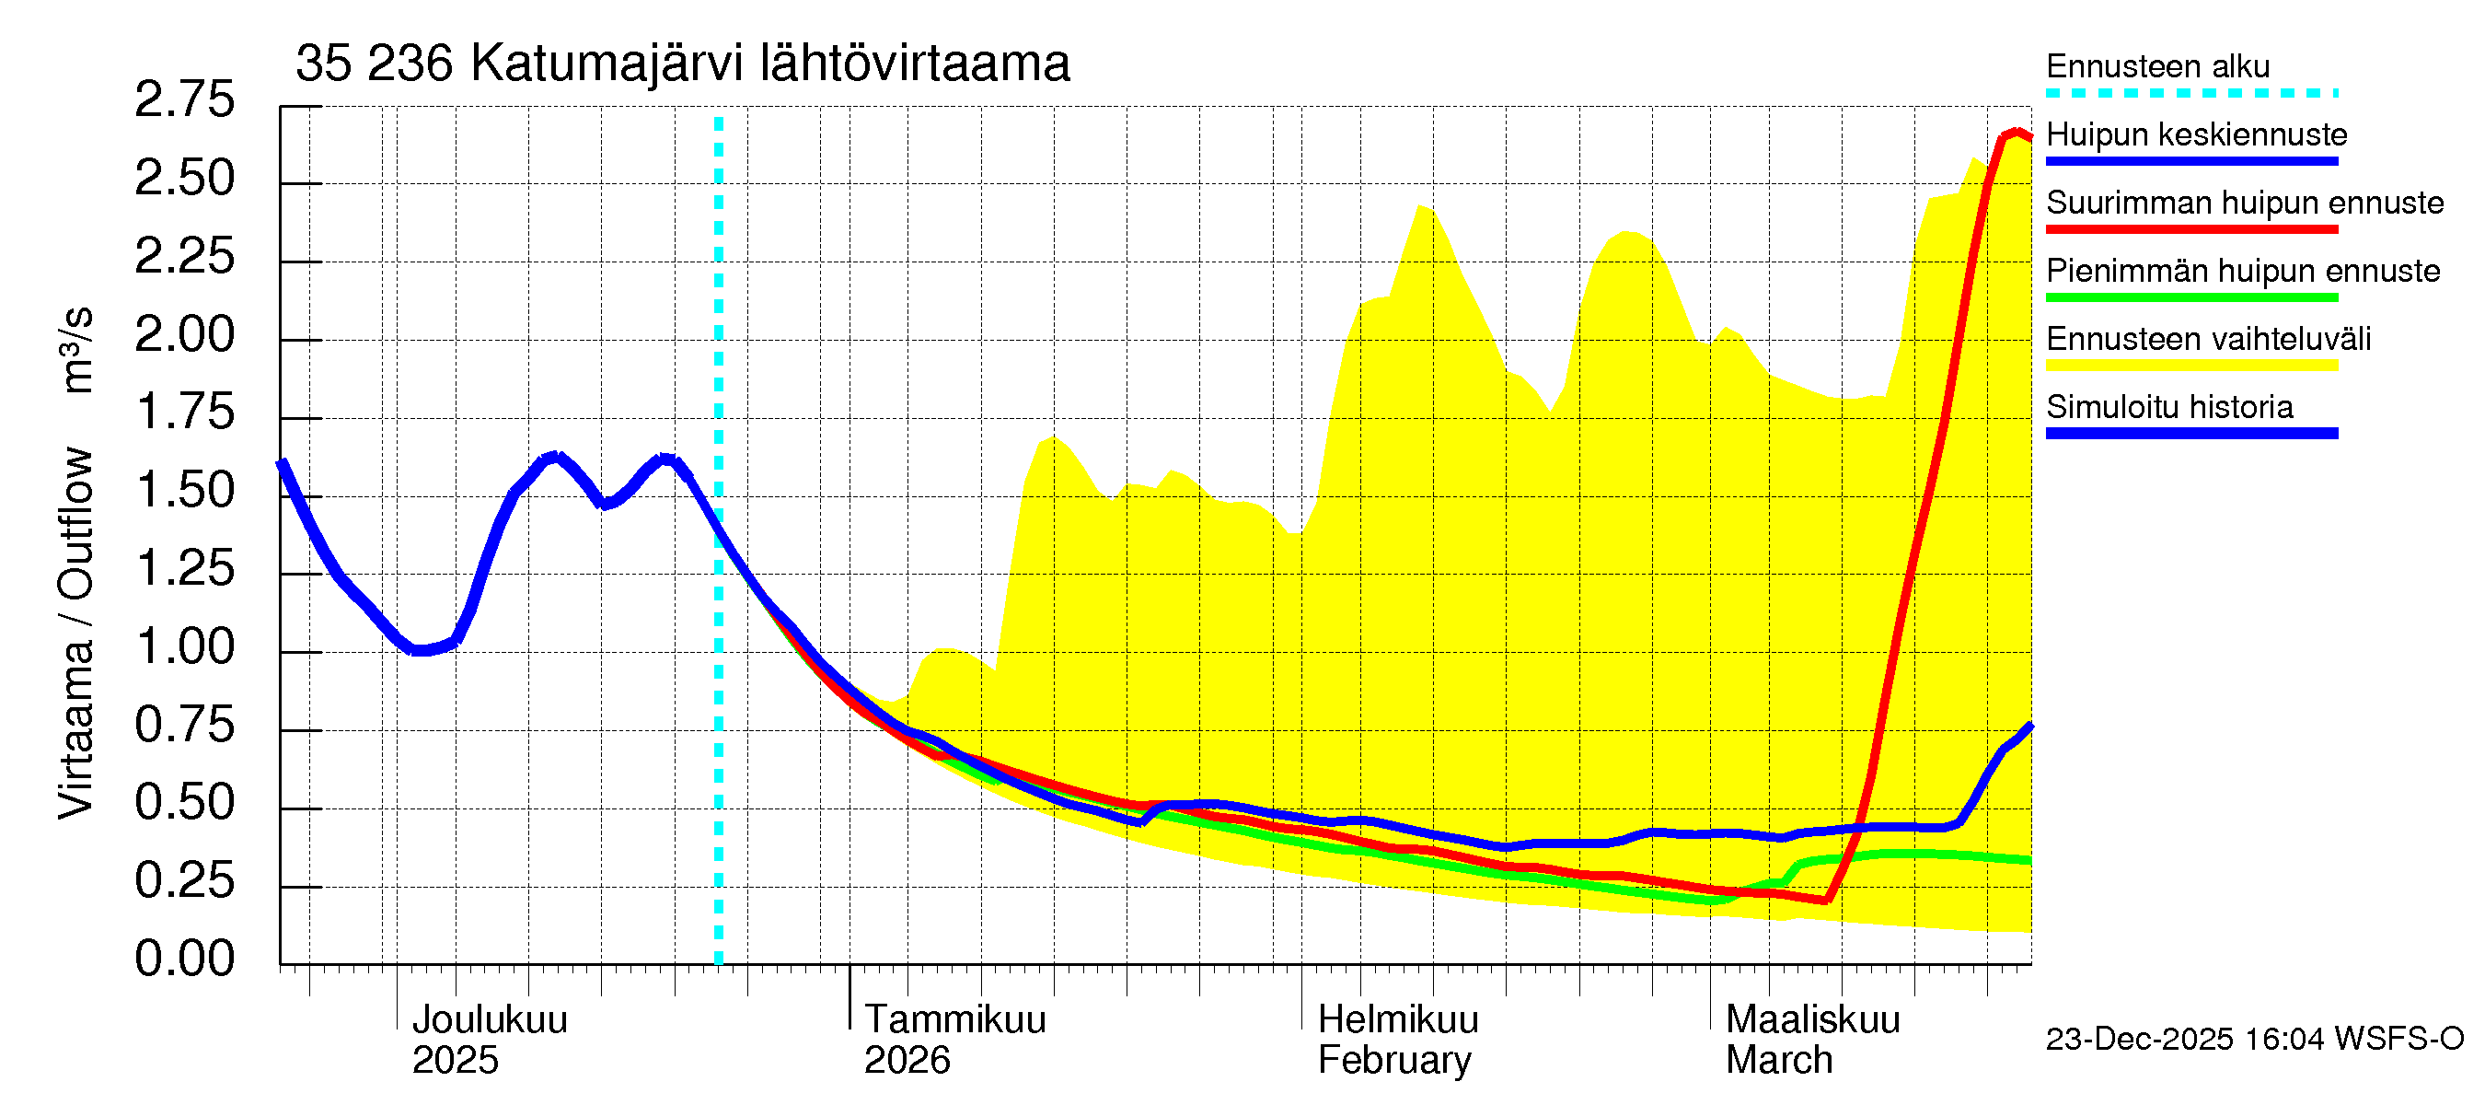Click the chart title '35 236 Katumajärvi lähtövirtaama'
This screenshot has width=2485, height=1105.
682,64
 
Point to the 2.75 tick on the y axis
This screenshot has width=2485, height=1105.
184,100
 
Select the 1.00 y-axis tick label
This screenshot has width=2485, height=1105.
184,646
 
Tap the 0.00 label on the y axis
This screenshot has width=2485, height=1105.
184,959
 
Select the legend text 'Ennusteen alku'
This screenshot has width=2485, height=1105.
2157,66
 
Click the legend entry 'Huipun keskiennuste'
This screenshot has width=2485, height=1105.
2196,134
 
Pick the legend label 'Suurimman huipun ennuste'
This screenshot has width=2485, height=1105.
2244,203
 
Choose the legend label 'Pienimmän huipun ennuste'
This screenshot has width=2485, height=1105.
2242,271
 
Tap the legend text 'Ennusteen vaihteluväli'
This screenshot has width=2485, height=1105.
2207,339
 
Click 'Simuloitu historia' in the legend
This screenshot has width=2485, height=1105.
2168,407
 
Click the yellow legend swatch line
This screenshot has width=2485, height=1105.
2190,366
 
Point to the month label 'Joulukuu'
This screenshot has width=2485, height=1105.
489,1019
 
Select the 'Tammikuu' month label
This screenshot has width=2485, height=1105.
954,1019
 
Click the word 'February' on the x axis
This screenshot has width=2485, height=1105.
1394,1060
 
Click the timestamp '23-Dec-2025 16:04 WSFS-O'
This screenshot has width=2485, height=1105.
2253,1039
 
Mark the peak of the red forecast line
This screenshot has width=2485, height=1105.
2017,132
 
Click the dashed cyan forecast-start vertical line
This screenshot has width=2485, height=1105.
719,541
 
